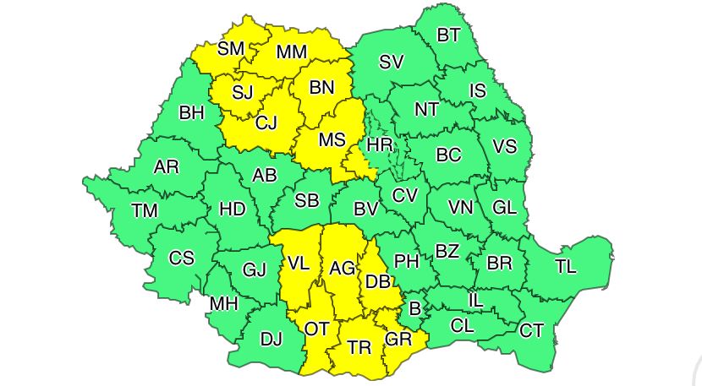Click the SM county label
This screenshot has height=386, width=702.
[x=230, y=49]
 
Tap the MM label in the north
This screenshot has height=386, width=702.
[x=291, y=53]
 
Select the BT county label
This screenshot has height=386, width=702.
[x=448, y=35]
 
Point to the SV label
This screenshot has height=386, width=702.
[x=391, y=62]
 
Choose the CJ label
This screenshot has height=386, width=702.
[x=266, y=123]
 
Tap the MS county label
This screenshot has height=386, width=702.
[x=332, y=140]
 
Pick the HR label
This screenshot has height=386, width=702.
[x=381, y=145]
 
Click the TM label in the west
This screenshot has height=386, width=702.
[x=145, y=210]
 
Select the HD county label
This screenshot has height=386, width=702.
[x=233, y=209]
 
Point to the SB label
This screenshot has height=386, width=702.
[x=306, y=201]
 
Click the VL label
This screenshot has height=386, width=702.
[x=298, y=263]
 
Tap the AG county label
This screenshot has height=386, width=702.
[x=343, y=269]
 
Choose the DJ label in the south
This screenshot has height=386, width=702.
[x=271, y=340]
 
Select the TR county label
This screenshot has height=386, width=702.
[x=359, y=347]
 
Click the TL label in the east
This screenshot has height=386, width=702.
[x=565, y=267]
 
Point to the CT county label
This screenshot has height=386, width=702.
[x=531, y=330]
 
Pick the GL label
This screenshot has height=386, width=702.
[x=504, y=208]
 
